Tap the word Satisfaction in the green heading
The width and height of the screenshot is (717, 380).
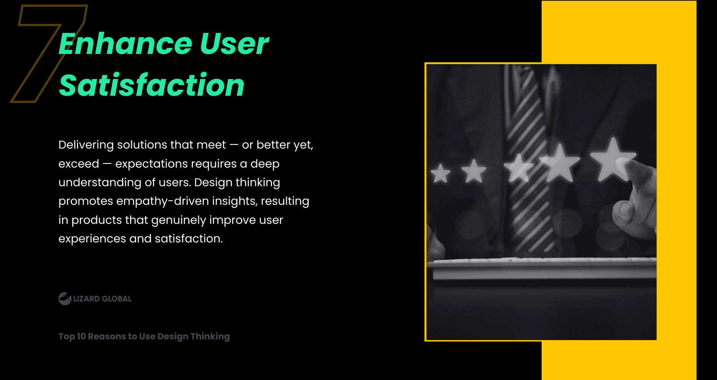(151, 85)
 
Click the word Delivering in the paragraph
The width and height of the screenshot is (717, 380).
(86, 145)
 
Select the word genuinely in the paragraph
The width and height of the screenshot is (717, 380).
(178, 220)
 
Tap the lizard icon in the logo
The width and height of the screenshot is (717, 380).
(65, 299)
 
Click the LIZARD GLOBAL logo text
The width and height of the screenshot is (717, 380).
(102, 299)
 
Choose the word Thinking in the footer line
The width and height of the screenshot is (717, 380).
(210, 337)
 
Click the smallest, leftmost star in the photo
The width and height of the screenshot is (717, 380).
(440, 173)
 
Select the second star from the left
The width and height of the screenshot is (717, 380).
(474, 171)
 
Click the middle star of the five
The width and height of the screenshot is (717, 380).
(518, 168)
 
